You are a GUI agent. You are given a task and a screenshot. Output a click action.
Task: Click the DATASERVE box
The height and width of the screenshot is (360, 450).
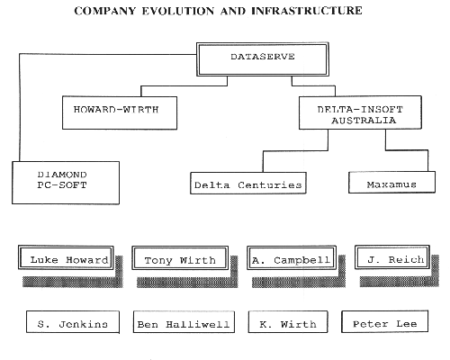point(263,59)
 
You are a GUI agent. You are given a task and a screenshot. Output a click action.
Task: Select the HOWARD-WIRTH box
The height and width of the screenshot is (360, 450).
point(120,112)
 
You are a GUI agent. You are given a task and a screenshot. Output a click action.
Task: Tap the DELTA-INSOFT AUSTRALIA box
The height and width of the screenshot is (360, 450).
point(360,112)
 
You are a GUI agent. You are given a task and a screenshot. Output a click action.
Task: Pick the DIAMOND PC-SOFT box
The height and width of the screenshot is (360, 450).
point(66,183)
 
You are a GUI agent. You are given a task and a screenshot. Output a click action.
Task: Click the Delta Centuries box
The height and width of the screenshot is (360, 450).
point(248,183)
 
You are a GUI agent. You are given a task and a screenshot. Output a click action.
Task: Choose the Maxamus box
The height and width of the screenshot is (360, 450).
point(391,182)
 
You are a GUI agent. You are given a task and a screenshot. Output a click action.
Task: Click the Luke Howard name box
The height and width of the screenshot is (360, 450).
point(66,257)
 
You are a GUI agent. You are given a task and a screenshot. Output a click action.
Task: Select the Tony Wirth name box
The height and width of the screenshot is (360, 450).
point(180,258)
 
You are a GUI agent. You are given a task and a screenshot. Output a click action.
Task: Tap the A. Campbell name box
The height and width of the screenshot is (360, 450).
point(292,257)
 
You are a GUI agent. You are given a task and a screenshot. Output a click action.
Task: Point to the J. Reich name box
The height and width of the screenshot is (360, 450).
point(392,257)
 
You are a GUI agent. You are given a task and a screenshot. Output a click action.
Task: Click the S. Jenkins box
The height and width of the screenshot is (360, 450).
point(73,322)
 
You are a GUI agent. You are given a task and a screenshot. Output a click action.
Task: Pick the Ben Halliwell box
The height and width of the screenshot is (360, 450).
point(184,322)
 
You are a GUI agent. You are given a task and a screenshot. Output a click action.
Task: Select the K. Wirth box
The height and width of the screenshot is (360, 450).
point(288,322)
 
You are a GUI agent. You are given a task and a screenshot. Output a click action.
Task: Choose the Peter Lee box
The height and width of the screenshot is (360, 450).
point(385,321)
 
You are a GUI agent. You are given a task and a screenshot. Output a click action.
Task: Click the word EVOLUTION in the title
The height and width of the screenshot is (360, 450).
point(178,11)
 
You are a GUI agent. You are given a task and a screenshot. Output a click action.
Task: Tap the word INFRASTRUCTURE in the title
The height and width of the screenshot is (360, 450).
point(307,11)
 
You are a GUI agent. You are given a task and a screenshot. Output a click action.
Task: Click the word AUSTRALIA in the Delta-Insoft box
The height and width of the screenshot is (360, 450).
point(364,121)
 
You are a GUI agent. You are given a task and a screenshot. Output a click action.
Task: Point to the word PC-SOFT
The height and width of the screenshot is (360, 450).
point(62,184)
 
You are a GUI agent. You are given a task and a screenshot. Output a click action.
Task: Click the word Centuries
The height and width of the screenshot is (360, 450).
point(270,185)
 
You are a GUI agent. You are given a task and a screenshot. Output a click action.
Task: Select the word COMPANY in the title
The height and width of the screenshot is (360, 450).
point(105,11)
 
